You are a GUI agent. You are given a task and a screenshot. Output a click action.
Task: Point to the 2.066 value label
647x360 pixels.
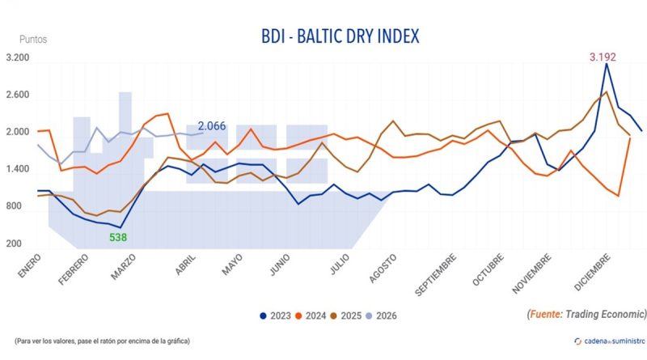(212, 126)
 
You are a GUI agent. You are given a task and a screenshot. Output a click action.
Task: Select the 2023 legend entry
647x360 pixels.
(276, 315)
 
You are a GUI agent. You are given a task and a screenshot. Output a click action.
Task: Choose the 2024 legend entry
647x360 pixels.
(311, 315)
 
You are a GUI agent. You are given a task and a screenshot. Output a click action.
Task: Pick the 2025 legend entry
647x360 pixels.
(346, 315)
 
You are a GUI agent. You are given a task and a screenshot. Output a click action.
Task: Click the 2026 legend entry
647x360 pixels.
(382, 315)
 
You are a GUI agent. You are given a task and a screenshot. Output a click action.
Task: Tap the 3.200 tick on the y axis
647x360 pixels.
(17, 58)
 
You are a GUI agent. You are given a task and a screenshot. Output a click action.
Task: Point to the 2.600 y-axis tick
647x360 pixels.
(17, 95)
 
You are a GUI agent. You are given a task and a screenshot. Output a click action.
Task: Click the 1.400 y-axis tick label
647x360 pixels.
(17, 170)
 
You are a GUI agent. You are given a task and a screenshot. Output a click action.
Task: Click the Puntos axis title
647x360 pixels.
(33, 38)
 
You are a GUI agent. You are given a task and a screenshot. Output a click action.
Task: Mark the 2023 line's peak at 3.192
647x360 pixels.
(607, 64)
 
